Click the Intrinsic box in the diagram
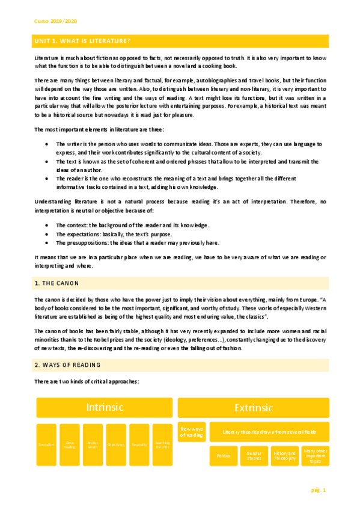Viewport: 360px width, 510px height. tap(105, 407)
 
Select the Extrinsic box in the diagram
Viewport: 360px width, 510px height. tap(253, 407)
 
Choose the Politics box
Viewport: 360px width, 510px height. tap(223, 456)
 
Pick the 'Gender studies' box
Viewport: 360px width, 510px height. tap(254, 456)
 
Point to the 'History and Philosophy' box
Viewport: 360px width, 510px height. tap(284, 456)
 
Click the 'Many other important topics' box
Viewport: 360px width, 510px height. tap(314, 456)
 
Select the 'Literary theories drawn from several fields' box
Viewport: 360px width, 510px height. tap(269, 432)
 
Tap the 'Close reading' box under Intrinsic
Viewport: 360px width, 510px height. tap(69, 444)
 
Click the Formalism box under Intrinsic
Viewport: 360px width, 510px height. tap(46, 444)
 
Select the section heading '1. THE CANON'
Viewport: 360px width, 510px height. tap(57, 283)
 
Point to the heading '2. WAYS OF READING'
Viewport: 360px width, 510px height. tap(67, 365)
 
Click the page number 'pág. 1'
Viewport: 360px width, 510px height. tap(318, 491)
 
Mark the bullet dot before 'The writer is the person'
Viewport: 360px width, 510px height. tap(47, 144)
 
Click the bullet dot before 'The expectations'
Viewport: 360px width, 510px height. tap(47, 234)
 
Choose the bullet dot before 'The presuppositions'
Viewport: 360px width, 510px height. tap(47, 243)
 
